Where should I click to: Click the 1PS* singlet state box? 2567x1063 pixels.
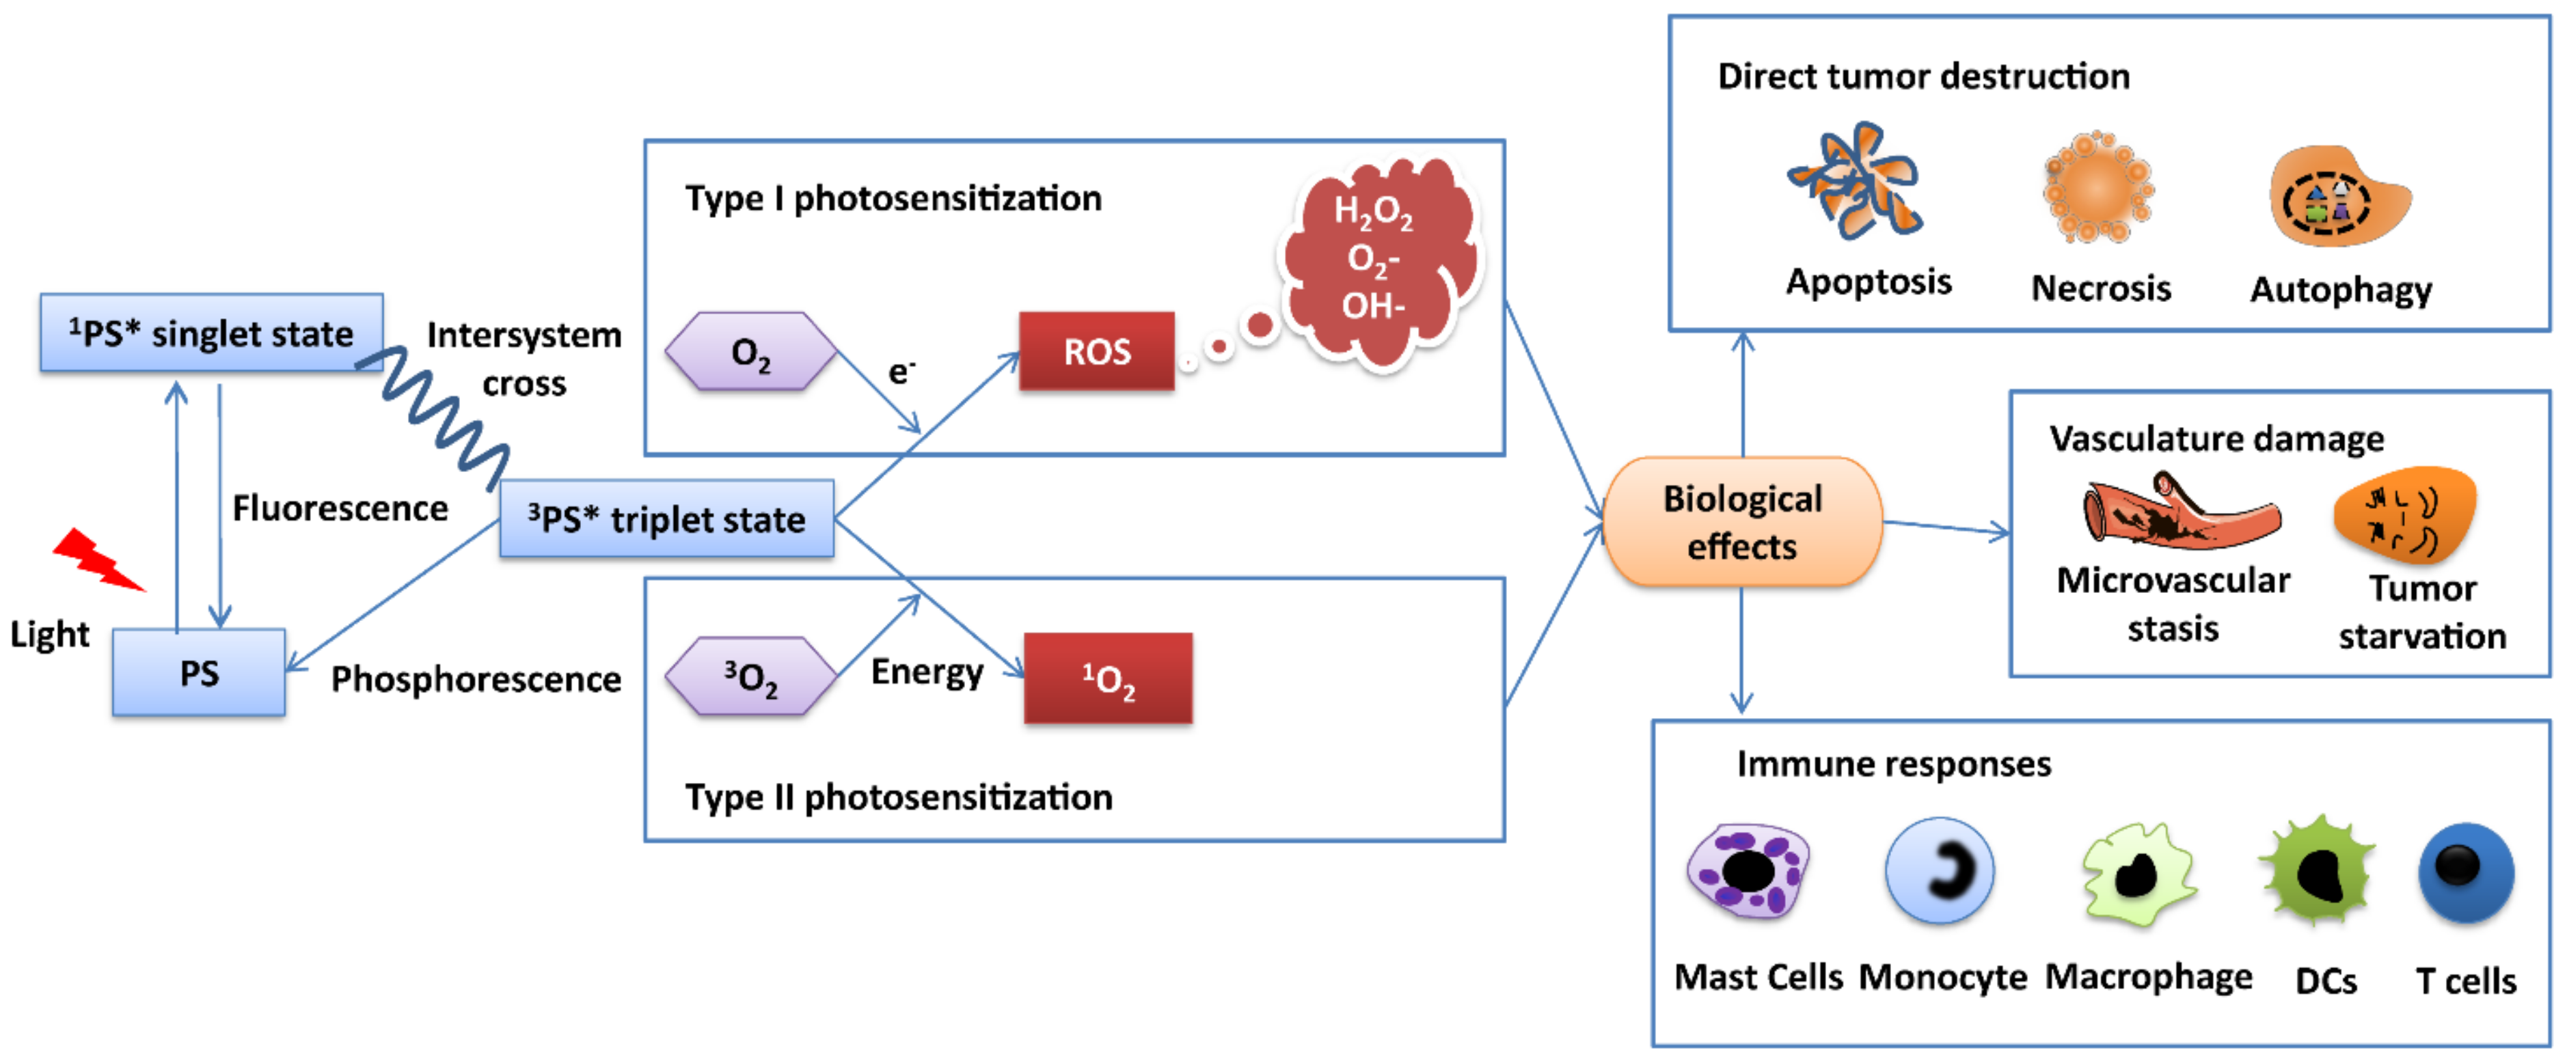tap(211, 333)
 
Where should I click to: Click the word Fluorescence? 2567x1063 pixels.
tap(340, 508)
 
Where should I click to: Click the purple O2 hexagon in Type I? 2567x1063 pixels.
tap(750, 352)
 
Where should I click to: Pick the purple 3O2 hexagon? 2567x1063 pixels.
tap(750, 676)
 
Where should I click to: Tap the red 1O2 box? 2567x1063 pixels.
tap(1107, 678)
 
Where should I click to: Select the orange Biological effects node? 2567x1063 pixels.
tap(1742, 521)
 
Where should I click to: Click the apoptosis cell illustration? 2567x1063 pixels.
tap(1856, 182)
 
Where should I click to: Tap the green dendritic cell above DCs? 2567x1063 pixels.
tap(2319, 872)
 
